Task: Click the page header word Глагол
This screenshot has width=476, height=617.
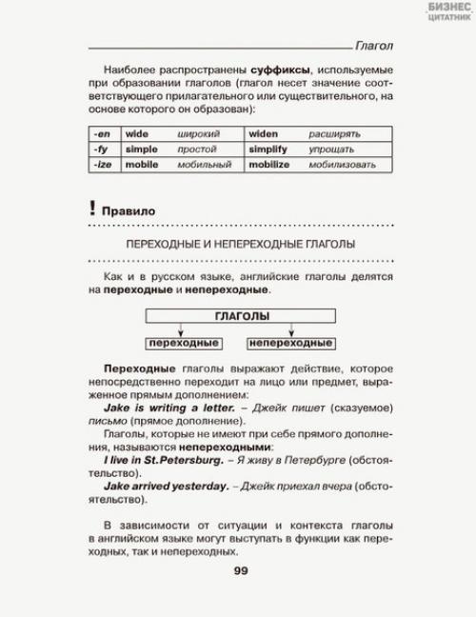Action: [373, 46]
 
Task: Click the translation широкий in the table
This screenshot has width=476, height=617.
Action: [198, 134]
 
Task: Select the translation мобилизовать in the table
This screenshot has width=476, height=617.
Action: [346, 165]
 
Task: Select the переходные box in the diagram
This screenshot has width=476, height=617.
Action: [182, 343]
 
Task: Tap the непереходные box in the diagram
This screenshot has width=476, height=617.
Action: [291, 343]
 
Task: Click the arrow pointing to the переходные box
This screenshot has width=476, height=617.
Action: [182, 329]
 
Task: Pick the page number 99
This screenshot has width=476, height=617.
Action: [240, 571]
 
